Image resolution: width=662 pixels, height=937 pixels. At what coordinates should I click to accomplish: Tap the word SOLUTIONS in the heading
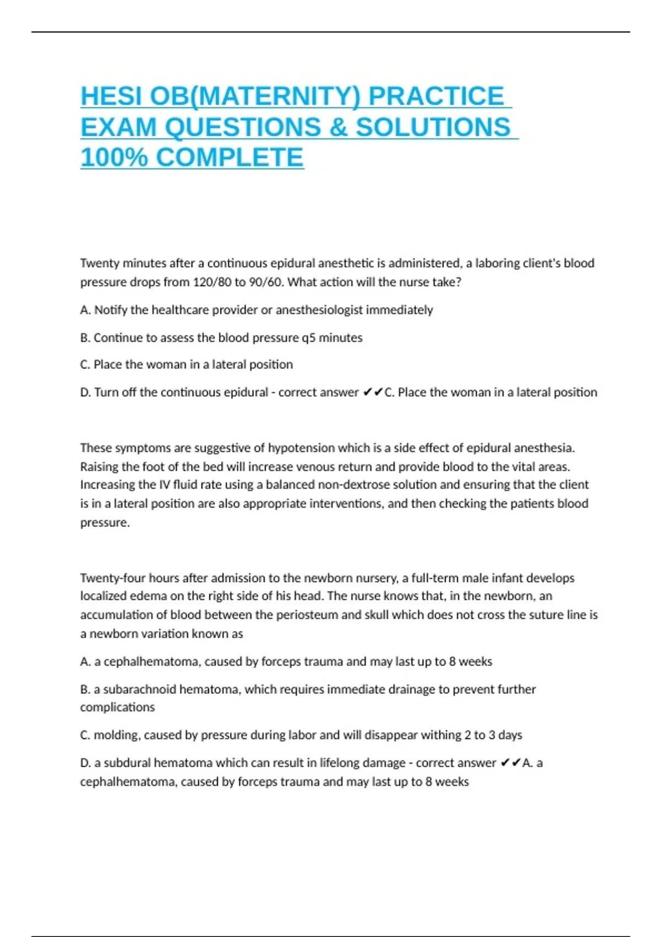coord(433,127)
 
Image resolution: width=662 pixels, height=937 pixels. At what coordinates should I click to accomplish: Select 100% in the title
coord(114,158)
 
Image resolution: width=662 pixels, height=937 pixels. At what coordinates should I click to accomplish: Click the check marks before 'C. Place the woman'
coord(373,392)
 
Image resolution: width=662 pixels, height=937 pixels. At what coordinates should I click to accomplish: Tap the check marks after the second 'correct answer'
coord(510,763)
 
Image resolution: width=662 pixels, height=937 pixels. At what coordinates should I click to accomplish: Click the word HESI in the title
coord(111,96)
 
